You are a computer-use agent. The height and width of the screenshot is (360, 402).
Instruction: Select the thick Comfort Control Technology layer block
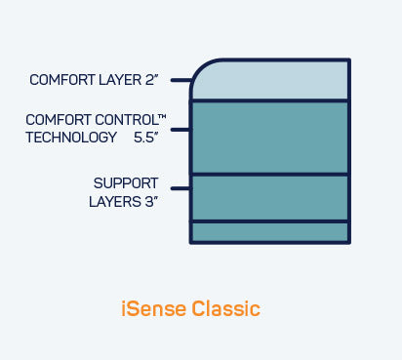coord(270,137)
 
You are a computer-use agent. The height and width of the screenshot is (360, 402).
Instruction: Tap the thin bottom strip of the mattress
coord(270,232)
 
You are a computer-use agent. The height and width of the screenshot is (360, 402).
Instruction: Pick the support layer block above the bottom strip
coord(270,198)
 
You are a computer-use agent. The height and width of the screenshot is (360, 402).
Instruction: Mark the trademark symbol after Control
coord(162,117)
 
